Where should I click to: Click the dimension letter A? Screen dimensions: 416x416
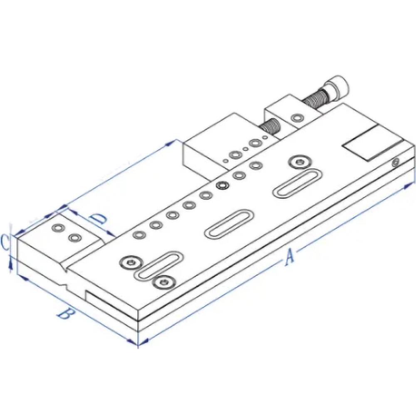(x=289, y=257)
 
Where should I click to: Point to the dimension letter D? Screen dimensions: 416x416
(x=99, y=219)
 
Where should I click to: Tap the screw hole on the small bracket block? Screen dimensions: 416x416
(x=297, y=118)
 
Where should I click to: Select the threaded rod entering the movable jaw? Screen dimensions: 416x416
(x=271, y=126)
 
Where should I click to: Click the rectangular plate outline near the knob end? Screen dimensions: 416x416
(x=368, y=144)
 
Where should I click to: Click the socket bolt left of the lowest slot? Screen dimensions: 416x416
(x=130, y=262)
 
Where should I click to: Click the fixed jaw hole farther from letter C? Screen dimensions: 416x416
(x=75, y=238)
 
